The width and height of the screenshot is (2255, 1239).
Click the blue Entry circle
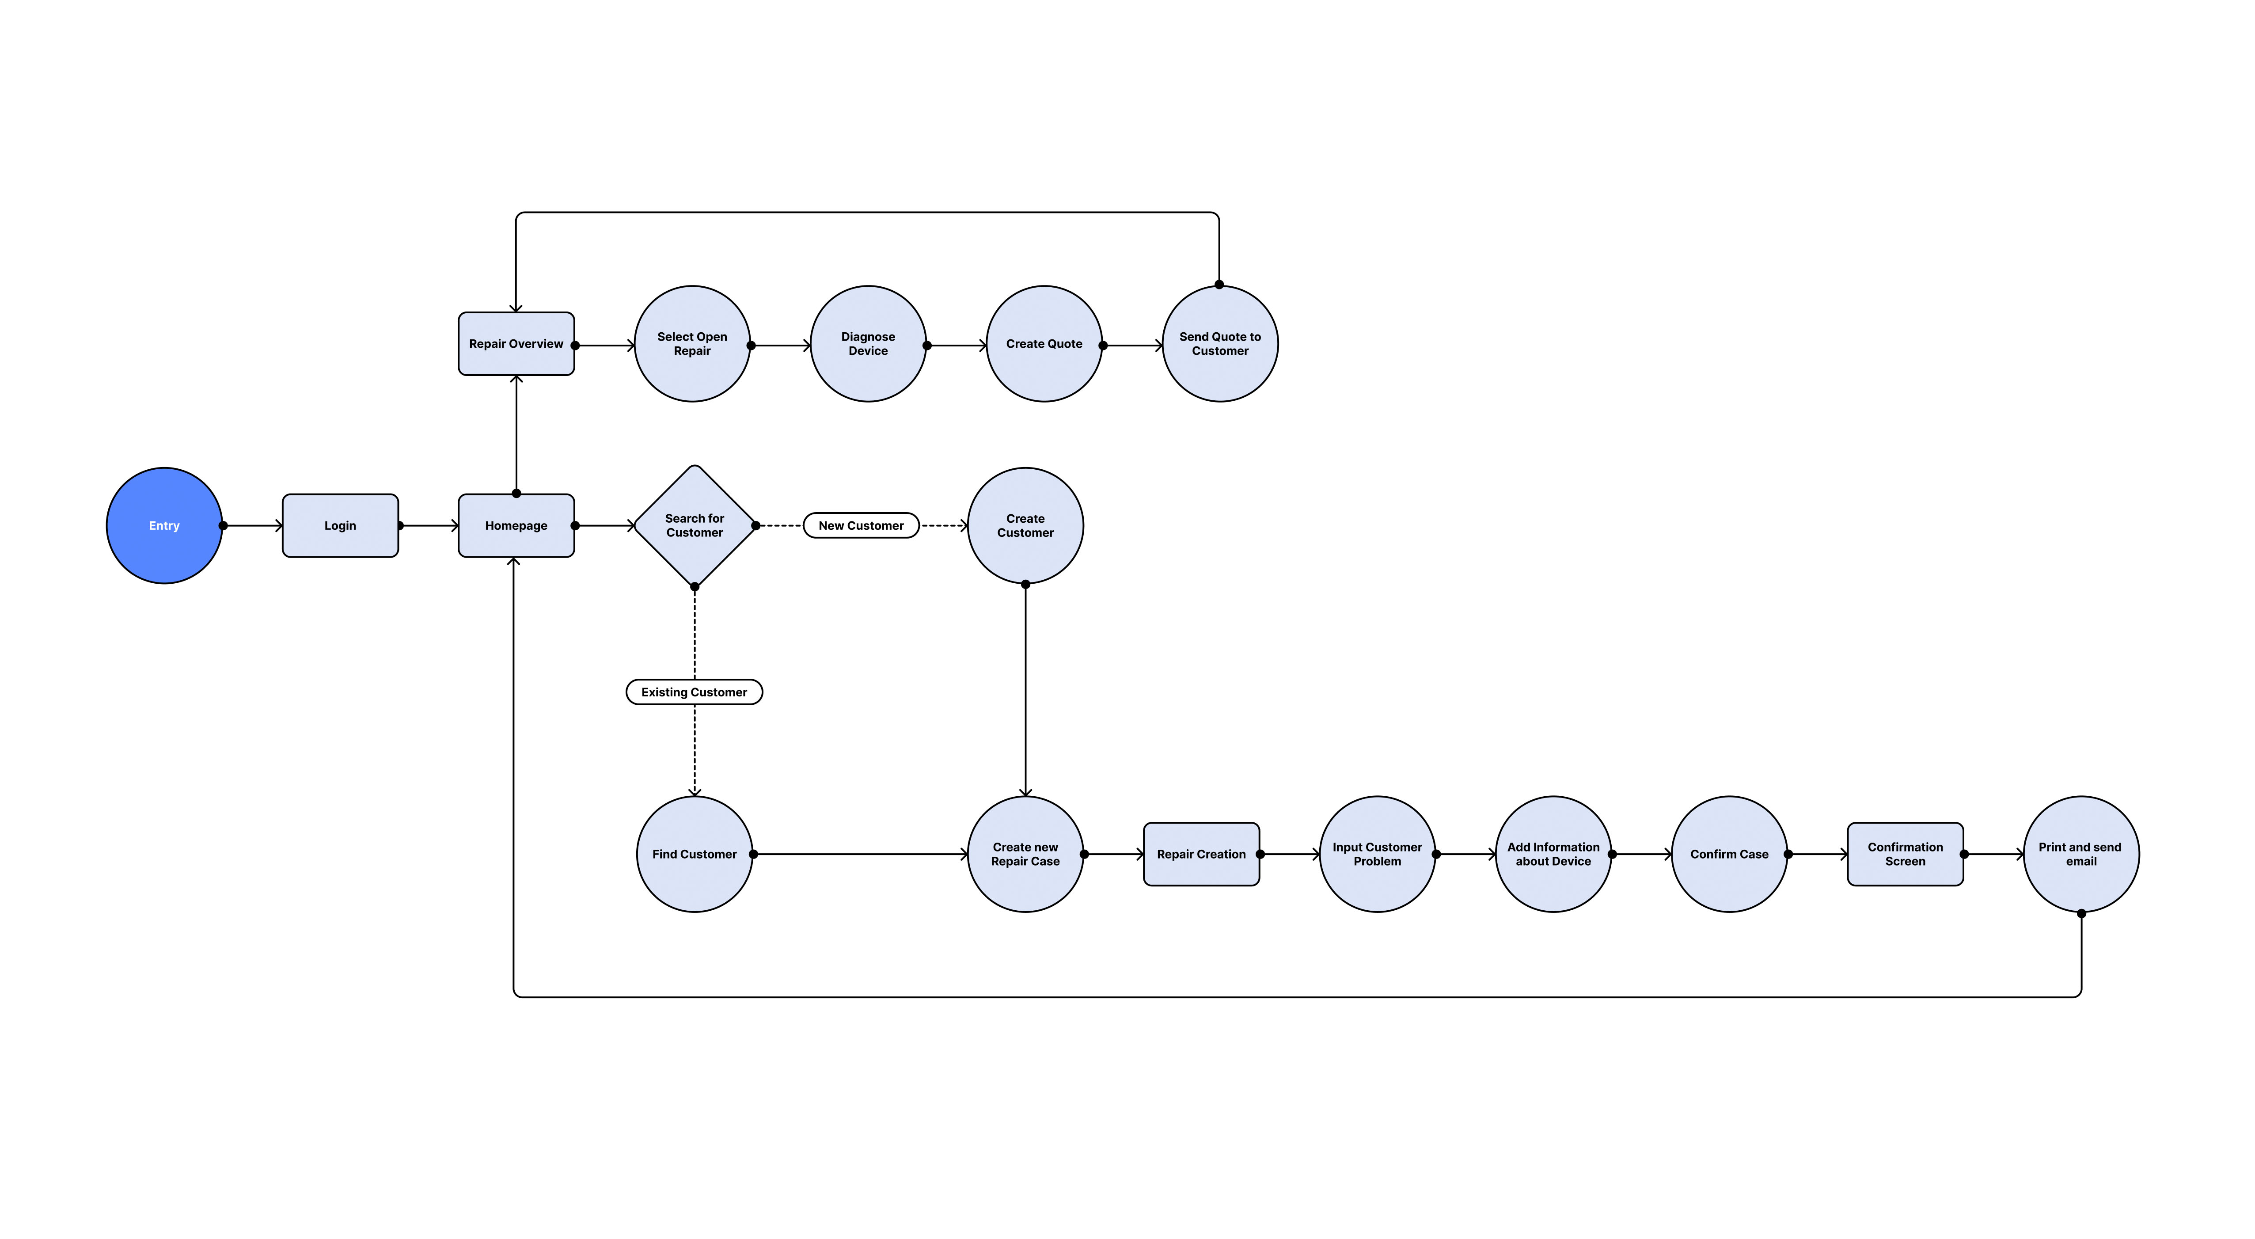pyautogui.click(x=164, y=525)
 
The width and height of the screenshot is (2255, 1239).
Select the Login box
pyautogui.click(x=340, y=525)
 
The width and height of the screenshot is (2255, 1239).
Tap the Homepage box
pyautogui.click(x=516, y=525)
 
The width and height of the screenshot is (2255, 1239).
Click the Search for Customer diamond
pyautogui.click(x=694, y=525)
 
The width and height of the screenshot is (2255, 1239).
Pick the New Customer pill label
pyautogui.click(x=861, y=525)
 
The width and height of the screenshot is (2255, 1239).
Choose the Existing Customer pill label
pyautogui.click(x=694, y=692)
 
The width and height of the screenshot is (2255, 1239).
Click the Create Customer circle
pyautogui.click(x=1025, y=525)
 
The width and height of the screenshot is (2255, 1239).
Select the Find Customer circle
pyautogui.click(x=694, y=854)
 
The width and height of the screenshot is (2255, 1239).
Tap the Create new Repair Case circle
pyautogui.click(x=1025, y=854)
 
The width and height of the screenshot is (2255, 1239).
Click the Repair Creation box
pyautogui.click(x=1201, y=854)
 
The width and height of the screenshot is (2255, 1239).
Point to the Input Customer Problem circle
pyautogui.click(x=1377, y=854)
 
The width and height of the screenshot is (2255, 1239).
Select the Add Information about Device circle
pyautogui.click(x=1553, y=854)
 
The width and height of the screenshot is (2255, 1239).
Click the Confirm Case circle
pyautogui.click(x=1729, y=854)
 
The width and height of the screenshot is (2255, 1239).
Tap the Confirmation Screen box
pyautogui.click(x=1905, y=854)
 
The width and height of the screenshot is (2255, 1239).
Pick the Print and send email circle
pyautogui.click(x=2081, y=854)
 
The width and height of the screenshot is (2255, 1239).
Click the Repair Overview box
pyautogui.click(x=516, y=343)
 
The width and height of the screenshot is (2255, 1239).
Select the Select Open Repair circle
pyautogui.click(x=691, y=343)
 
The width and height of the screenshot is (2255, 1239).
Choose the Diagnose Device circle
pyautogui.click(x=868, y=343)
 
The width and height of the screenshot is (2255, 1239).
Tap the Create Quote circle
pyautogui.click(x=1044, y=343)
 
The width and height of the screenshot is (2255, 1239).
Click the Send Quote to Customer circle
pyautogui.click(x=1219, y=343)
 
